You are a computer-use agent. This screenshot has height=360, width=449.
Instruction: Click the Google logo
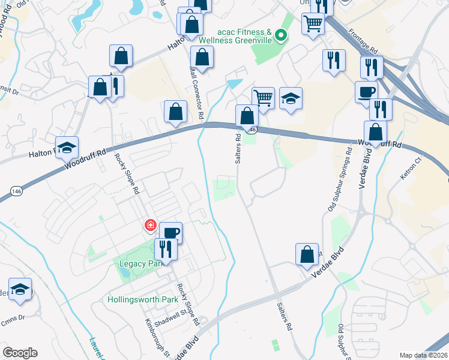(x=20, y=353)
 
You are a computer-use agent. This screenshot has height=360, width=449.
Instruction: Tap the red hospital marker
(x=149, y=226)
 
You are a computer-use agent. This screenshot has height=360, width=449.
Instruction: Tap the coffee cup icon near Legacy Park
(x=170, y=232)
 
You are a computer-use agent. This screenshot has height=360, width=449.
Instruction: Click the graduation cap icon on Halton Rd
(x=67, y=146)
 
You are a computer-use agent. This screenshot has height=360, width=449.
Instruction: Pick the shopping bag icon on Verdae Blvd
(x=307, y=254)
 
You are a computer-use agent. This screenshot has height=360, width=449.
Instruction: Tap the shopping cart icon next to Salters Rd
(x=263, y=97)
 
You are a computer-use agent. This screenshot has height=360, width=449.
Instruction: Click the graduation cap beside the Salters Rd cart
(x=291, y=98)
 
